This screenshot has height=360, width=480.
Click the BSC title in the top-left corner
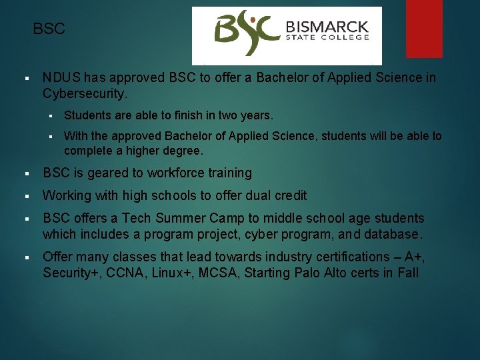point(49,29)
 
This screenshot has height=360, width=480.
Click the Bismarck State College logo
point(287,35)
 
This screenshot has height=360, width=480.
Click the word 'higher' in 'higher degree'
point(137,151)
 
